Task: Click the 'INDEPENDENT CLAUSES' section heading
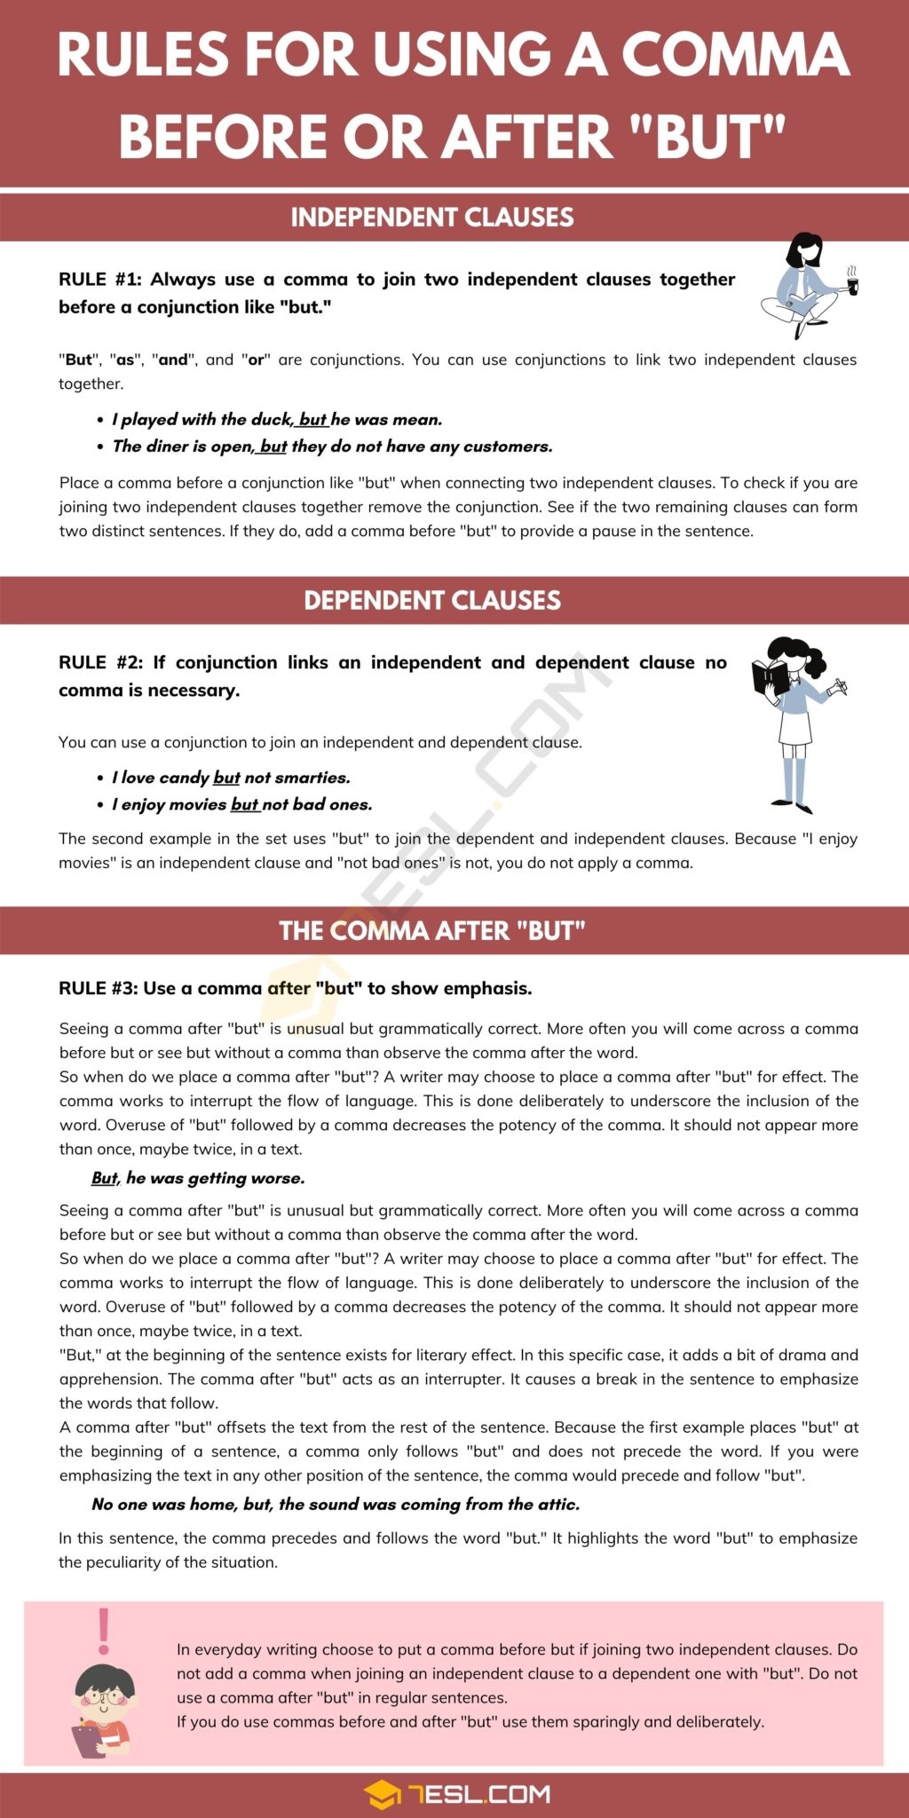pyautogui.click(x=432, y=217)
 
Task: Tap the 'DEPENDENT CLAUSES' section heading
pyautogui.click(x=432, y=600)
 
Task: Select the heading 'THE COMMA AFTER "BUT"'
pyautogui.click(x=432, y=930)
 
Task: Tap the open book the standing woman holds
pyautogui.click(x=769, y=677)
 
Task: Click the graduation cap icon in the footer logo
pyautogui.click(x=382, y=1794)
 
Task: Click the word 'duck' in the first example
pyautogui.click(x=271, y=420)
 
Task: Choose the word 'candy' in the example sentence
pyautogui.click(x=184, y=778)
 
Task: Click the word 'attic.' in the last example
pyautogui.click(x=557, y=1504)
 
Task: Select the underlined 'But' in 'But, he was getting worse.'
pyautogui.click(x=104, y=1178)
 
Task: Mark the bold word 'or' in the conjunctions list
pyautogui.click(x=257, y=360)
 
